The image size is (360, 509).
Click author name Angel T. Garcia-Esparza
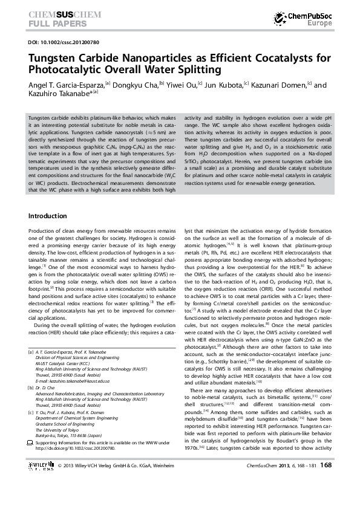tap(66, 85)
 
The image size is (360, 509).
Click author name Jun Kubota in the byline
tap(225, 85)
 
